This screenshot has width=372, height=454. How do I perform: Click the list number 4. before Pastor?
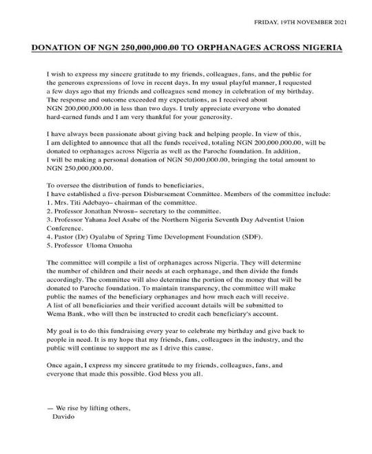(x=50, y=235)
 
